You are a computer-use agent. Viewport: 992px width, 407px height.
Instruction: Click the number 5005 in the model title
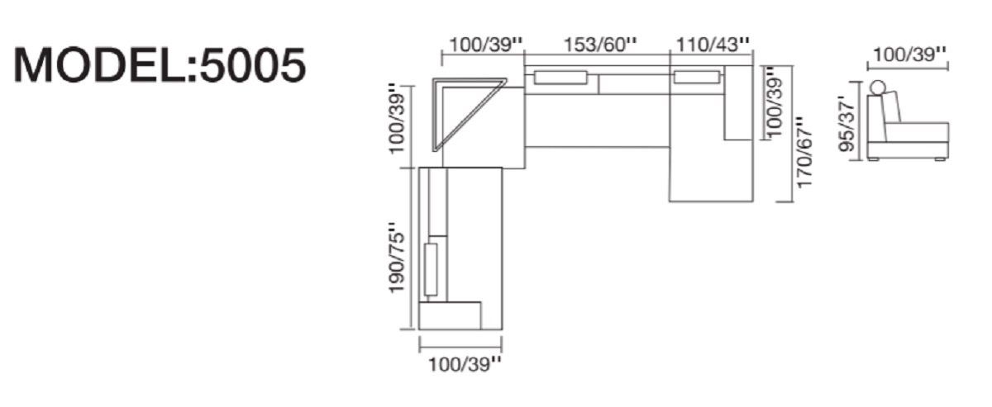253,65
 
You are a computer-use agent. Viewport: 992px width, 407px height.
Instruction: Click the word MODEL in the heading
101,65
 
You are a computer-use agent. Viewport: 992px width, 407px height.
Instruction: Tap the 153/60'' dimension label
600,45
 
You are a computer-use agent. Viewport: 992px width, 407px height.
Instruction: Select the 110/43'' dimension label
713,45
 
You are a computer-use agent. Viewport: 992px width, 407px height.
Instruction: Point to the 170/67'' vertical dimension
804,152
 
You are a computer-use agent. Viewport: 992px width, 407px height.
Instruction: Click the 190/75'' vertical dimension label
397,258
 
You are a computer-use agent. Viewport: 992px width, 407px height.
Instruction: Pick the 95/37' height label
847,126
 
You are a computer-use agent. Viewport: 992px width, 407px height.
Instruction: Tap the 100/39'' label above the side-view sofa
909,54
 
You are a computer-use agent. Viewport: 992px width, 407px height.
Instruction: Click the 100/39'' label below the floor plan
465,365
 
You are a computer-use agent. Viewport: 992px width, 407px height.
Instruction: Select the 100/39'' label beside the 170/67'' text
775,102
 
